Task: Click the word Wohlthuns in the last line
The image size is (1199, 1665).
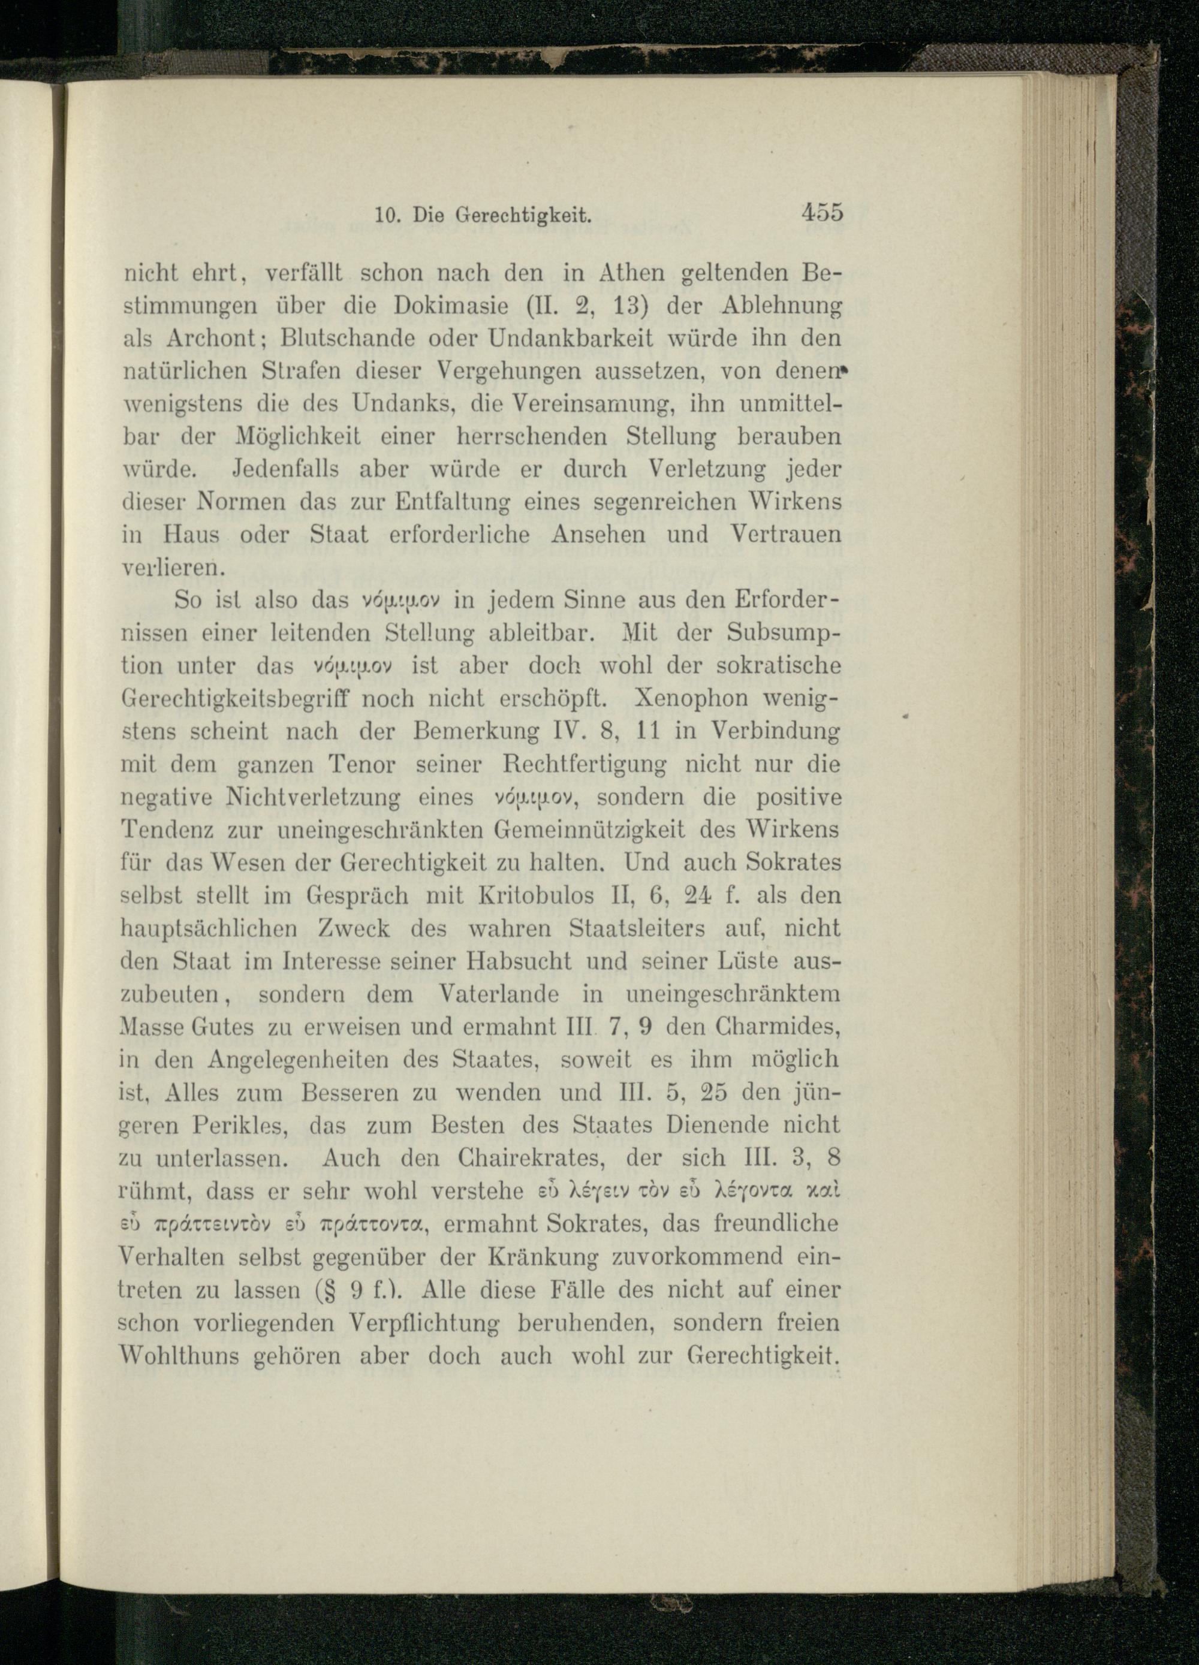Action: coord(179,1355)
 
